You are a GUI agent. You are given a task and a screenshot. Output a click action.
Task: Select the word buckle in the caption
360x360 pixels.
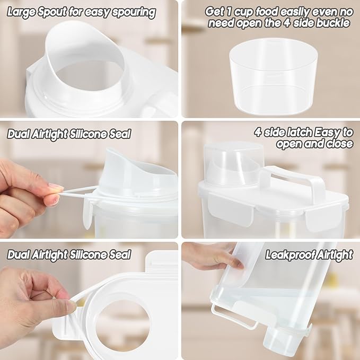[333, 23]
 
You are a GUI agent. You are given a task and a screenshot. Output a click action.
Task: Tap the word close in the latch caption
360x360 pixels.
[339, 144]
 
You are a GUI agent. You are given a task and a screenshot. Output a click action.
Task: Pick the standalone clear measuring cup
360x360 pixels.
[273, 76]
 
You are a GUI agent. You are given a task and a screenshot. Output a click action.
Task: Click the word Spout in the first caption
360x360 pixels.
[53, 13]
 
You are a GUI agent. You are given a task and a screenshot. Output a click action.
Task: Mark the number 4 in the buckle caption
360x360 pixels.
[287, 23]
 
